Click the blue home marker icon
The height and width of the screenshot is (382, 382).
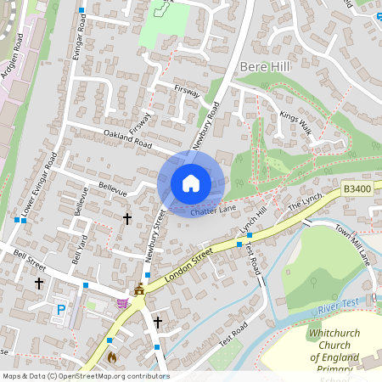click(191, 183)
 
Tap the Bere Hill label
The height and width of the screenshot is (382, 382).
click(266, 66)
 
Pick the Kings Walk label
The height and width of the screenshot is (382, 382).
click(296, 123)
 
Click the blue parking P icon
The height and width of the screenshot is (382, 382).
click(60, 311)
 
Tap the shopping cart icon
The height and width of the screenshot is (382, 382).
click(123, 302)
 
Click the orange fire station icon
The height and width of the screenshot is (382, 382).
click(110, 357)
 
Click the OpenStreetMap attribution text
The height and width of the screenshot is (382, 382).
click(86, 376)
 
